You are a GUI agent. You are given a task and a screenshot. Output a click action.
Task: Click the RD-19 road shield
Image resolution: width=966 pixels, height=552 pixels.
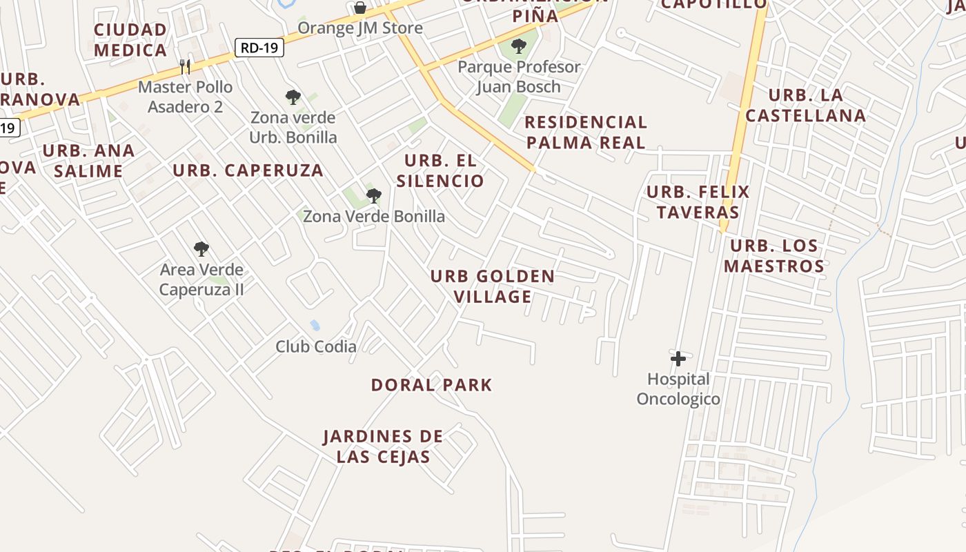coord(259,48)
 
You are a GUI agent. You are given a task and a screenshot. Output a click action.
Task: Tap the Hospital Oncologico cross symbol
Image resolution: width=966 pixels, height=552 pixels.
coord(678,358)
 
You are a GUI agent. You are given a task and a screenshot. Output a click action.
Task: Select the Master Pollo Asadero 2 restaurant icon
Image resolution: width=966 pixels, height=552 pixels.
coord(185,66)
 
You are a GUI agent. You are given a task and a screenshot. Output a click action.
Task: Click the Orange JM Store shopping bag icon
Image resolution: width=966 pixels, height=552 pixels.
coord(360,8)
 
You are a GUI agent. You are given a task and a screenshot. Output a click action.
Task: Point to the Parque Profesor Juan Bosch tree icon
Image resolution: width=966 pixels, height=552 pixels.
coord(519,47)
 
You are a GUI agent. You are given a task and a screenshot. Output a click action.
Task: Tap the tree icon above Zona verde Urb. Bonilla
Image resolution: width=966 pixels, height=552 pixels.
coord(293,97)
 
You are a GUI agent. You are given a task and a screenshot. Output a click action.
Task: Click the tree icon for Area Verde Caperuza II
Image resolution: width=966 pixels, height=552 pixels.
coord(201,249)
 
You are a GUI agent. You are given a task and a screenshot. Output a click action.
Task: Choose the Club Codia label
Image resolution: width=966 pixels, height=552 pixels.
coord(316,346)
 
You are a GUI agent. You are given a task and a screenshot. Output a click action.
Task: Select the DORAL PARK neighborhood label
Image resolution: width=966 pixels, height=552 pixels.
coord(432,385)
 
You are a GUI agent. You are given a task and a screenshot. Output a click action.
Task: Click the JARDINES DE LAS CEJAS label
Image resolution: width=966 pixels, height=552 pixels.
coord(384,446)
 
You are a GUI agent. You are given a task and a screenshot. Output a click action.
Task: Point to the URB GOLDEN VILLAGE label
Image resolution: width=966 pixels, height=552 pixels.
coord(492,286)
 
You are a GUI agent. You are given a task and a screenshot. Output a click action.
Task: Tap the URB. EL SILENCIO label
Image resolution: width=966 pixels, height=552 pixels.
coord(440,171)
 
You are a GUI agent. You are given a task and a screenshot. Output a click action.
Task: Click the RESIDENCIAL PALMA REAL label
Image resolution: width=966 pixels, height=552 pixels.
coord(586,132)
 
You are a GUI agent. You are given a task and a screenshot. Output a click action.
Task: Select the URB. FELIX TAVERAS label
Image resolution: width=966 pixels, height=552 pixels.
coord(698,201)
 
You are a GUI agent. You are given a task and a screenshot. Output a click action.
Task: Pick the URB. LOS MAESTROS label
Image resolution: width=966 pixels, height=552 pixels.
coord(774,256)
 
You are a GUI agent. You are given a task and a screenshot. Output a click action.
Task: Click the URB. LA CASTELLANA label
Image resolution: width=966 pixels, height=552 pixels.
coord(806,105)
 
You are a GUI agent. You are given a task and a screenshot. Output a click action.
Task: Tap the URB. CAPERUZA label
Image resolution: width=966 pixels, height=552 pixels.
coord(248,170)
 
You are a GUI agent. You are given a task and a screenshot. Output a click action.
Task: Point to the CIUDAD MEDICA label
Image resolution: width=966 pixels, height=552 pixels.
coord(130,40)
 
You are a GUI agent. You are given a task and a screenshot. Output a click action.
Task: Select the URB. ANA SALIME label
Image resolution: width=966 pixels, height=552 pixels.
coord(88,161)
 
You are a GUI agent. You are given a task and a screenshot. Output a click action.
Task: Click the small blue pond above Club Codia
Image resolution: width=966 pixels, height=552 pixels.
coord(315,324)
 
